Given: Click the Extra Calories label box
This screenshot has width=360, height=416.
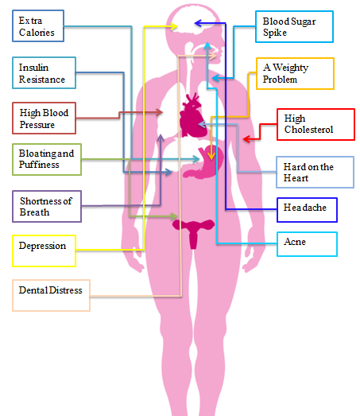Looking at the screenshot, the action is point(38,25).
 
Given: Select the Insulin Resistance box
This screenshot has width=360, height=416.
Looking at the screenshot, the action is point(44,72).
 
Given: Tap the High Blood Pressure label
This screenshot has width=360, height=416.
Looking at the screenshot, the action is point(44,118).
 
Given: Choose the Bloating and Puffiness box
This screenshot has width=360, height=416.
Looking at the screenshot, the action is point(47,159).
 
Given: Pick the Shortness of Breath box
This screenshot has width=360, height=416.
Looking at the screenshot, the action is point(47,206).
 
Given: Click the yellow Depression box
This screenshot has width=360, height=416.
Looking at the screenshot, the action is point(44,251).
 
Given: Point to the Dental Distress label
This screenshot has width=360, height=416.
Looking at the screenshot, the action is point(51,295).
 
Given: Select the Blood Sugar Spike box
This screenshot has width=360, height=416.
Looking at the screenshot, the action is point(294,26).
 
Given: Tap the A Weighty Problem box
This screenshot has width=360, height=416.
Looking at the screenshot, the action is point(295,73).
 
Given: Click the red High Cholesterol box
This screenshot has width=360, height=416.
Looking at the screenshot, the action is point(315,124).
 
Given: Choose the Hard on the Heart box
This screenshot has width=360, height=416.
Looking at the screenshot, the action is point(315,172).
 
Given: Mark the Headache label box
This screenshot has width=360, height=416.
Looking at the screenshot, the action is point(307,210).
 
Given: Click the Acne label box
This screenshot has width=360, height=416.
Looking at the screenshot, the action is point(307,244).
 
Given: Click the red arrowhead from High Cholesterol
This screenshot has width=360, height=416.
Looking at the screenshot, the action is point(246,138).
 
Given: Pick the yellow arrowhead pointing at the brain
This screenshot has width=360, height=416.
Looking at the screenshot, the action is point(174,26).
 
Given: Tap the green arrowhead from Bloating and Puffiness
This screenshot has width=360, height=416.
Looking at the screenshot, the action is point(174,216).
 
